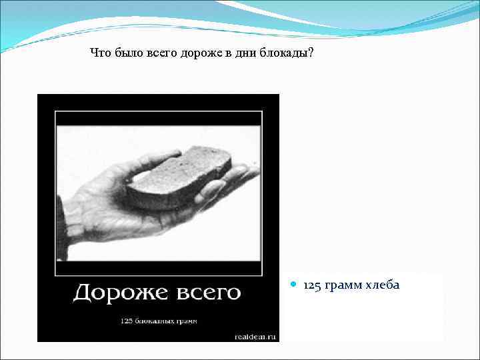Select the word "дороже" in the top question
click(199, 53)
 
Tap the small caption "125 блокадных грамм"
click(159, 321)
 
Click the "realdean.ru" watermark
click(255, 337)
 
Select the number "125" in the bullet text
click(311, 285)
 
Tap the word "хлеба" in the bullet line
click(381, 285)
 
